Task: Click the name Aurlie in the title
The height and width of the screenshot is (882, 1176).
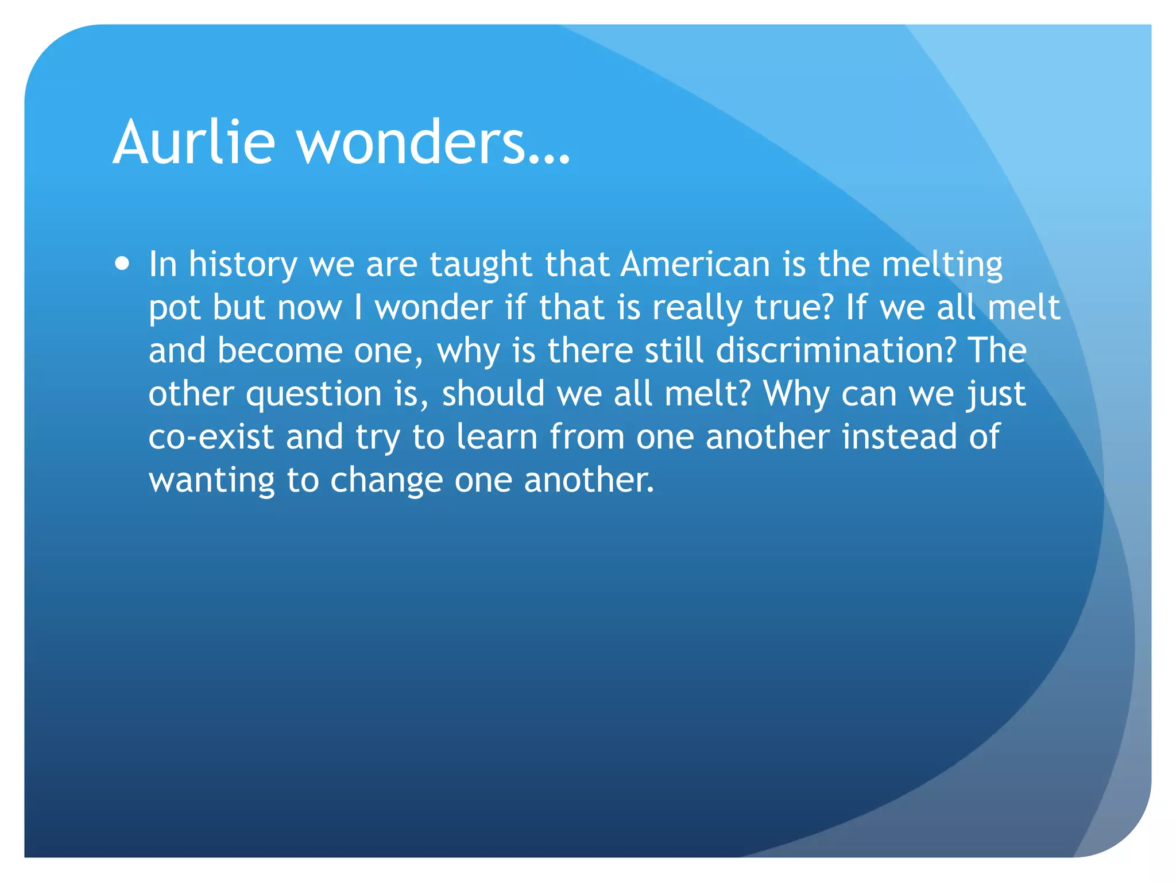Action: [194, 142]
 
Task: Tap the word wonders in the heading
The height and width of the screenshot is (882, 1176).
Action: [412, 142]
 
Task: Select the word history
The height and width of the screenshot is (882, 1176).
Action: [243, 265]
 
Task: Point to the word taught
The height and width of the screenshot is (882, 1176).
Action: [481, 265]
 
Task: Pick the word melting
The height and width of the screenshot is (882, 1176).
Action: [942, 265]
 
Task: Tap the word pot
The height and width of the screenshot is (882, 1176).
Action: [175, 308]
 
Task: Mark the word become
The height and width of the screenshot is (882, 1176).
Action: [280, 350]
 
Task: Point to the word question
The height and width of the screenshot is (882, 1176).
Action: [314, 394]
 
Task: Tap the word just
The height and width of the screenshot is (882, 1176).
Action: [996, 394]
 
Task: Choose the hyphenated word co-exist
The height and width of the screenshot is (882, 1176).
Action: [211, 436]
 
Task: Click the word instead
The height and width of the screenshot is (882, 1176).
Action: [899, 436]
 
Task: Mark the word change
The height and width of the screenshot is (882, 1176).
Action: [386, 480]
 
